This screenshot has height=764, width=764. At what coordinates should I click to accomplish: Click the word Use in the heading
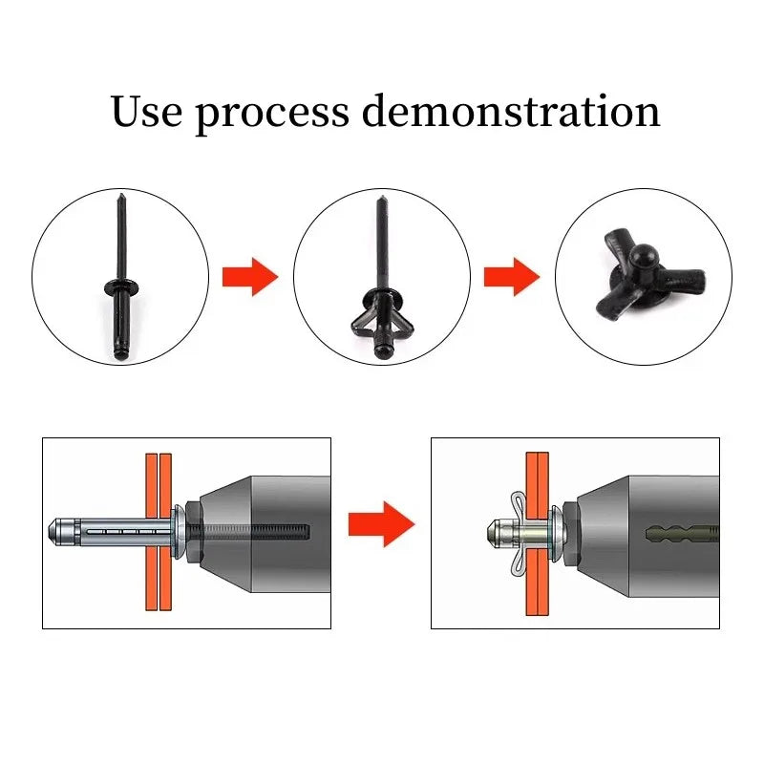(x=147, y=111)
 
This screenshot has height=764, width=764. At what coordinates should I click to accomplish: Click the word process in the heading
(x=272, y=115)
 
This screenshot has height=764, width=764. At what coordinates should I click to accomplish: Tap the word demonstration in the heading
(x=511, y=111)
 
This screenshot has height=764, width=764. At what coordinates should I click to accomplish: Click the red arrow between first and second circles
(x=250, y=277)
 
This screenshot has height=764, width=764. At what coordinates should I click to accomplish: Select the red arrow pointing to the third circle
(x=512, y=277)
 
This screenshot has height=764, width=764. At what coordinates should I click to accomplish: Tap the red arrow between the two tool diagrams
(x=381, y=524)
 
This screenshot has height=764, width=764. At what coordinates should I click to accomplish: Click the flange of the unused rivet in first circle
(x=121, y=286)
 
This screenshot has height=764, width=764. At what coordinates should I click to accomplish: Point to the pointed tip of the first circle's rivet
(x=121, y=195)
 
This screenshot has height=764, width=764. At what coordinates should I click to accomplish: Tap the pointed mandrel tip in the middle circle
(x=381, y=198)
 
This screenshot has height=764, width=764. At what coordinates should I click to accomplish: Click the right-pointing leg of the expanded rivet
(x=683, y=281)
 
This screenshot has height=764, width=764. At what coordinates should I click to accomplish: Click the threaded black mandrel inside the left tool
(x=248, y=532)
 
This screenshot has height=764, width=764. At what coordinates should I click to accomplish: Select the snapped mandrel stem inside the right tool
(x=682, y=534)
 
